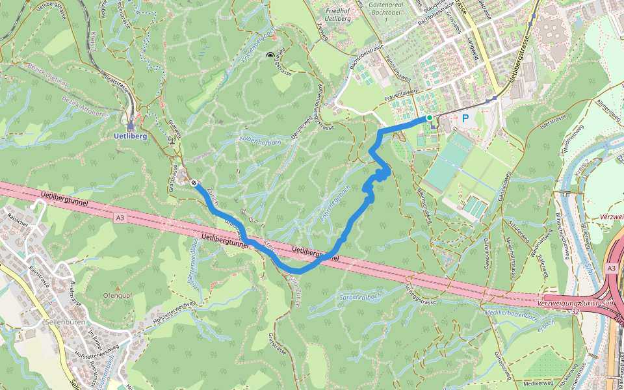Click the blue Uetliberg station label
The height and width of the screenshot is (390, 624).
click(130, 137)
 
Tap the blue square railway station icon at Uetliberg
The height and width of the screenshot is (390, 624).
click(130, 127)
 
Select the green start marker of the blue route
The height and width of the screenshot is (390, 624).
click(429, 118)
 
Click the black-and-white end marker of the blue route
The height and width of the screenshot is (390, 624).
click(194, 183)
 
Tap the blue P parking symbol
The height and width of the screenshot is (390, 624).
click(465, 118)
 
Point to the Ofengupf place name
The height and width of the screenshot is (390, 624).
click(118, 296)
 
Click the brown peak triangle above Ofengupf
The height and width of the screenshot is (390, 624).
click(118, 287)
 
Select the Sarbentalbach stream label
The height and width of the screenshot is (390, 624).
click(358, 297)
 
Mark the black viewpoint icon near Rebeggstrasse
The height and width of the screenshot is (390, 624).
click(270, 57)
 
